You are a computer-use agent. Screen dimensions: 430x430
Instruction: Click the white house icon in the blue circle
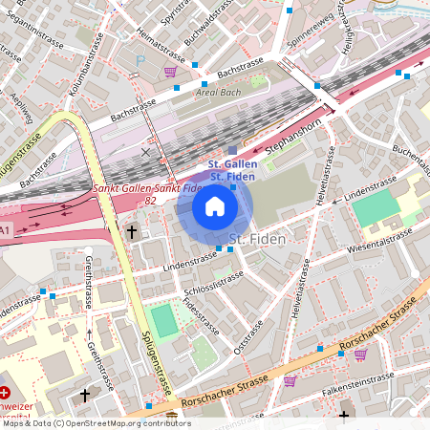215,205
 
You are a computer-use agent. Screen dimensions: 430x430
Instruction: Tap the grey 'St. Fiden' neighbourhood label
258,238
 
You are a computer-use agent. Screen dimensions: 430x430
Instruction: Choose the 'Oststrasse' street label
247,340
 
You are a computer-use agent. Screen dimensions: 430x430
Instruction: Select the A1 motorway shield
6,230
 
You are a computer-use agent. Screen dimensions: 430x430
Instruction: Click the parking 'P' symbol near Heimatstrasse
141,59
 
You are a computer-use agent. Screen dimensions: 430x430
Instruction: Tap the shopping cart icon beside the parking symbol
170,71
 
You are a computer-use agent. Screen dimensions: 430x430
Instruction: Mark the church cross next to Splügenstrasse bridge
132,231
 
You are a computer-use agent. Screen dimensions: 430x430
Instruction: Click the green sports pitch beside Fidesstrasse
164,320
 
